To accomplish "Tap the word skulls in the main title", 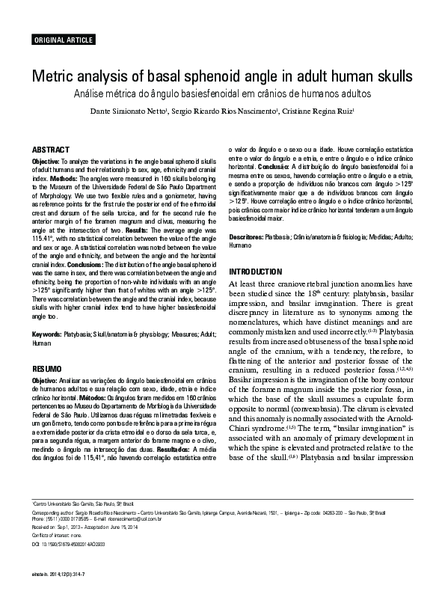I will (x=392, y=78).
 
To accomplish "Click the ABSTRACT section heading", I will (x=51, y=150).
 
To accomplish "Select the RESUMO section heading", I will (x=47, y=370).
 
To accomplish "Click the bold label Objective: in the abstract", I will (x=47, y=162).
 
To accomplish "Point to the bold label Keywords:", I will (x=46, y=334).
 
